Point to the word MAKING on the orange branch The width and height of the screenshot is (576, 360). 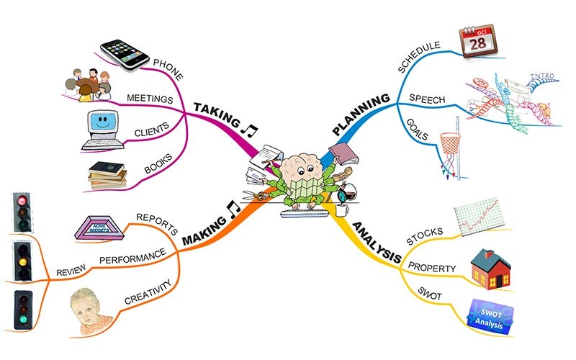204,228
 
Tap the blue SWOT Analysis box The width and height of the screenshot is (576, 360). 493,315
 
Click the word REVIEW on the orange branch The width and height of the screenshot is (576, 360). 71,271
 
